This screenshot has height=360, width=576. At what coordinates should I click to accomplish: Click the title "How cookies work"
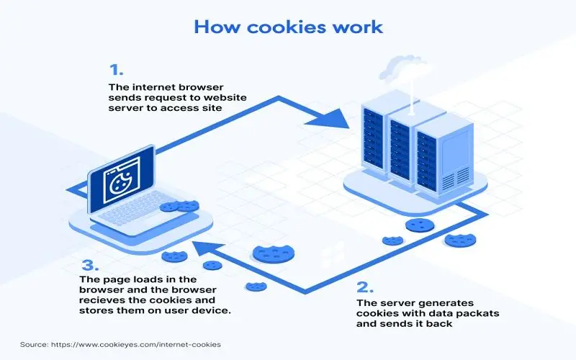[x=289, y=27]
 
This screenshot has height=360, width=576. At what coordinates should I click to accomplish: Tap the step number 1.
[x=116, y=70]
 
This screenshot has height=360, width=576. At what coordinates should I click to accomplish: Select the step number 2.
[x=365, y=287]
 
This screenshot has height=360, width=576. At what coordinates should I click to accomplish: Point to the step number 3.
[x=91, y=265]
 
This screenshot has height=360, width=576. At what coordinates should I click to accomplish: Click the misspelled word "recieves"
[x=102, y=300]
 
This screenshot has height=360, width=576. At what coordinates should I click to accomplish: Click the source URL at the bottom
[x=136, y=345]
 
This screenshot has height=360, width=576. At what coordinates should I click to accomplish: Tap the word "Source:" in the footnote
[x=34, y=345]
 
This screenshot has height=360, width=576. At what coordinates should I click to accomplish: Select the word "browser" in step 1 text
[x=202, y=87]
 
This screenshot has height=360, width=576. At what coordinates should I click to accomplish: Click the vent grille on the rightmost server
[x=456, y=178]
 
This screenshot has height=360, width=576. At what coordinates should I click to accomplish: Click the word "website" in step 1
[x=225, y=98]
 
